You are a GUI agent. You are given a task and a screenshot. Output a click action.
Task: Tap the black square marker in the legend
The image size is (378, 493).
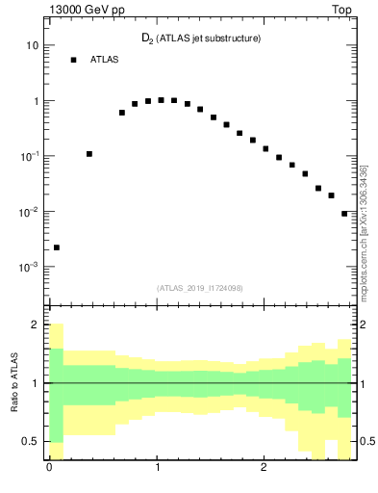coord(73,60)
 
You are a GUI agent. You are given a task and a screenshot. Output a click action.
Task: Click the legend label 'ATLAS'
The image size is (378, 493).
coord(105,60)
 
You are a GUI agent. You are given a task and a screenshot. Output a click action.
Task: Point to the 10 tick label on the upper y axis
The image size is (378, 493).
coord(32,45)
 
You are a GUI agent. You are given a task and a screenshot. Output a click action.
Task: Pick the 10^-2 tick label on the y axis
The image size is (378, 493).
coord(29,211)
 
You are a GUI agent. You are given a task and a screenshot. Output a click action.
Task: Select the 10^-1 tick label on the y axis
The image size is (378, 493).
coord(29,156)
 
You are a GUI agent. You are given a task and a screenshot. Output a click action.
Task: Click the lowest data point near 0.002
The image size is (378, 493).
coord(57,247)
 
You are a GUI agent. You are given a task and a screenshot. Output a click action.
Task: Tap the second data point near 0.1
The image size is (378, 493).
coord(89,154)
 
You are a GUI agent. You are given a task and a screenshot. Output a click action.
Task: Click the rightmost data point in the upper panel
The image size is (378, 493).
coord(344,214)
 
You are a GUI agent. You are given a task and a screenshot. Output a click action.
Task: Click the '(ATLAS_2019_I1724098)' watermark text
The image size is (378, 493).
coord(200,288)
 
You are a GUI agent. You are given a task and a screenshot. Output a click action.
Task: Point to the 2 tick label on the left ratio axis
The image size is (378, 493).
coord(37,324)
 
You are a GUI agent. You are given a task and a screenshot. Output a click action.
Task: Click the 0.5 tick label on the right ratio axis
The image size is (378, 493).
coord(366,441)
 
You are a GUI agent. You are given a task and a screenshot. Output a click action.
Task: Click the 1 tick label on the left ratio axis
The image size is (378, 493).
coord(38,383)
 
